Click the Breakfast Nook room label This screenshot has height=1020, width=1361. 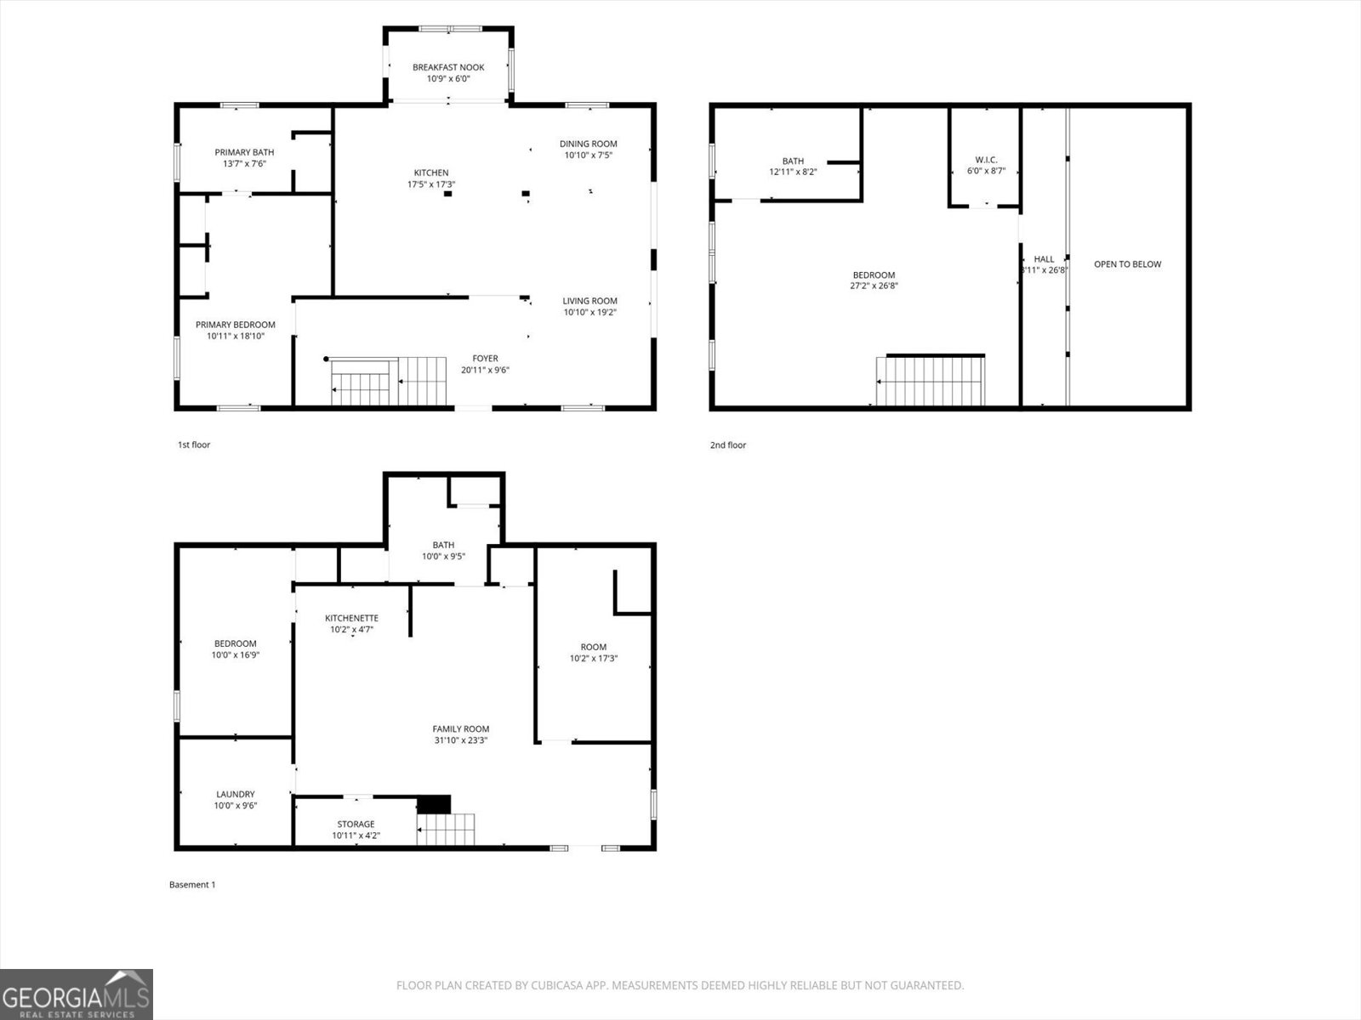448,67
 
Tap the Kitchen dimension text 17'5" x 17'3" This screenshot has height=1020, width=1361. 431,184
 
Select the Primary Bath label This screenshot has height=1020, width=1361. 244,152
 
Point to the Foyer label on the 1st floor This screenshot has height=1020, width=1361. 485,359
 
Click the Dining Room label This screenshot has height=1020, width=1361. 588,144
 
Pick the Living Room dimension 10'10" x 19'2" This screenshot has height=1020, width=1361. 589,312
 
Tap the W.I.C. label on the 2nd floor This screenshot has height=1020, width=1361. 986,160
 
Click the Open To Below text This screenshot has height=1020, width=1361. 1127,264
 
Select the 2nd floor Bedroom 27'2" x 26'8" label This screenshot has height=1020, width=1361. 874,275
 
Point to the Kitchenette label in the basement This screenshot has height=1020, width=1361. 351,618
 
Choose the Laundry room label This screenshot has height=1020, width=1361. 235,794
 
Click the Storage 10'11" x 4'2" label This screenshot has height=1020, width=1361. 356,830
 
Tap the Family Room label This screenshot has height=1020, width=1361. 460,728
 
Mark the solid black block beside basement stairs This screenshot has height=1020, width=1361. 434,804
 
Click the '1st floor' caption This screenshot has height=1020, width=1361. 193,445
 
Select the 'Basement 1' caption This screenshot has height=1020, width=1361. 192,885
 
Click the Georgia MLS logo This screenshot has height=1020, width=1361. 76,994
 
